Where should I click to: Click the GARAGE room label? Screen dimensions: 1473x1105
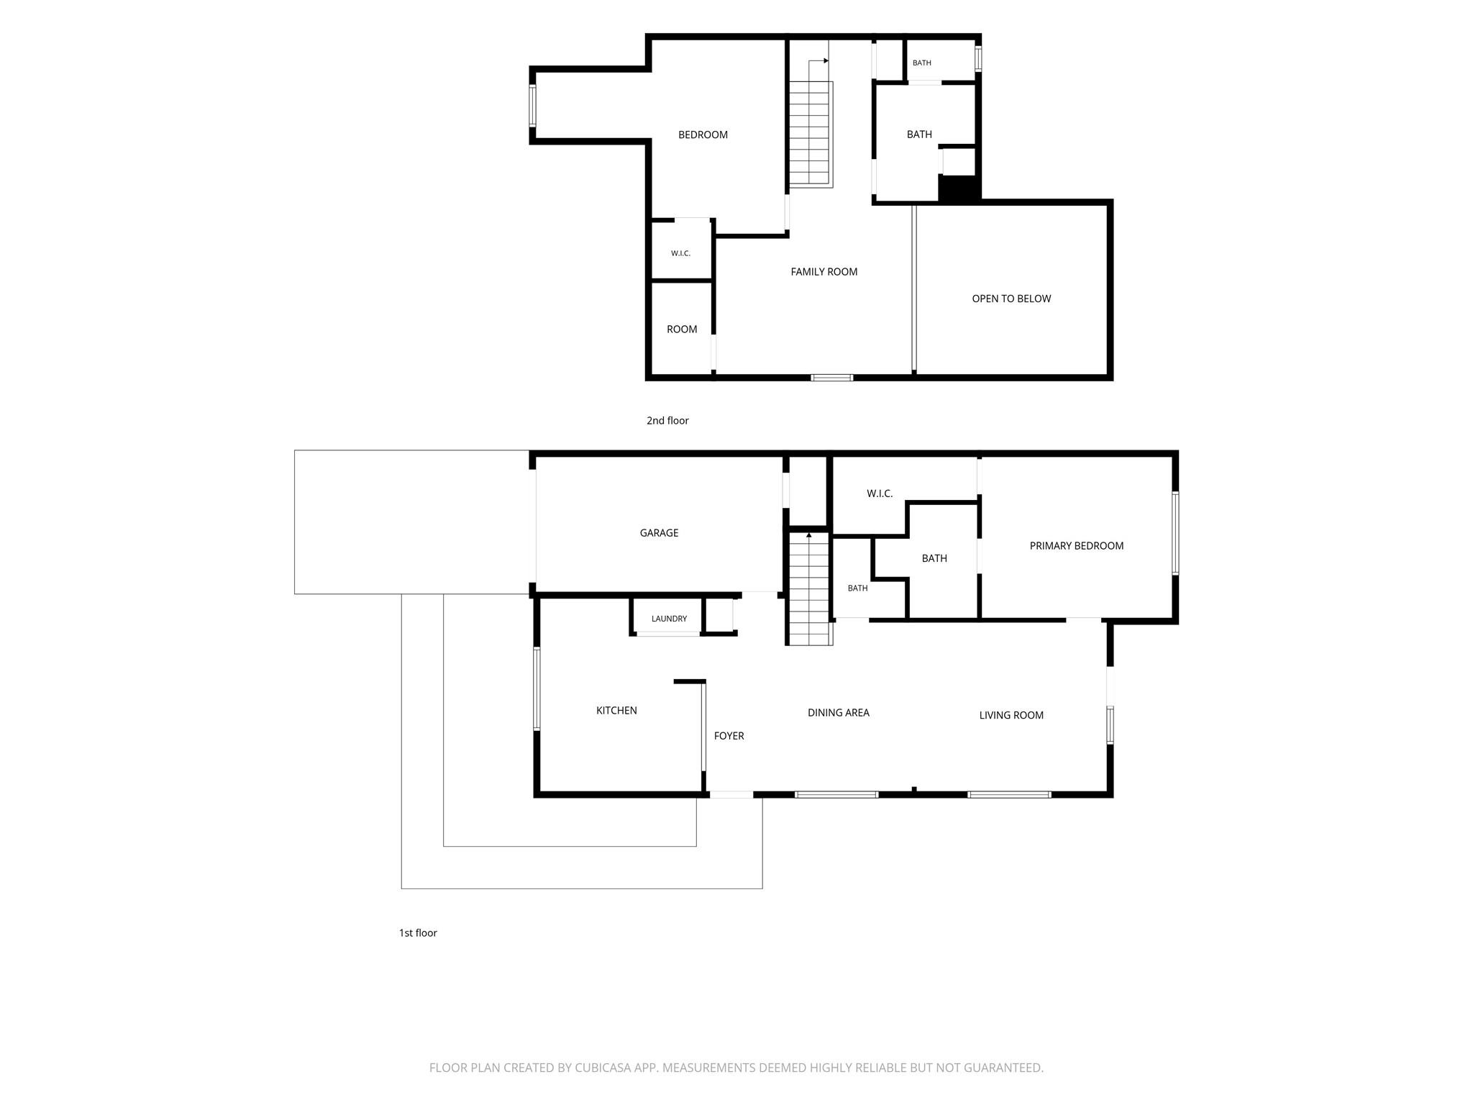659,533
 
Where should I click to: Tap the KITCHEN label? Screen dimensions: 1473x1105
616,711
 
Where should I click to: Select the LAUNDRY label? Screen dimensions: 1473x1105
669,619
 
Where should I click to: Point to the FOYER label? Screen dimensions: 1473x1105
729,736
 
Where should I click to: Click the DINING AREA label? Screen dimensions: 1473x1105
839,713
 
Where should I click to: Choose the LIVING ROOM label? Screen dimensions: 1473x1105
1011,715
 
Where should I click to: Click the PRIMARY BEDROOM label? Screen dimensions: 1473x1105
1077,546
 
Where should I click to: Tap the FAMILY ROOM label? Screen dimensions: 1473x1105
824,272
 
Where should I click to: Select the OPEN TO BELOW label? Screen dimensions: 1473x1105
1011,299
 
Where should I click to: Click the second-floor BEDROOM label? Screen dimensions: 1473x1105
703,135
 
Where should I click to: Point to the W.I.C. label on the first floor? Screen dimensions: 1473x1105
880,494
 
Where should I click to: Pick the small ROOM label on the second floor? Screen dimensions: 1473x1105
682,329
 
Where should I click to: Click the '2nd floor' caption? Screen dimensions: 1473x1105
667,421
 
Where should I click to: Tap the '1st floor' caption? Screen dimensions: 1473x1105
418,933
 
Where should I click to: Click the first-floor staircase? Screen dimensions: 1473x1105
809,588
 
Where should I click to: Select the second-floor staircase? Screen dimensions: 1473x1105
811,134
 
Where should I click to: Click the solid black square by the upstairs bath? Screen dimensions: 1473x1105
959,188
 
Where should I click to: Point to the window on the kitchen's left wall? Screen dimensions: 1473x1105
537,689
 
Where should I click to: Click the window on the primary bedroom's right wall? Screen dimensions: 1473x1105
1175,533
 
